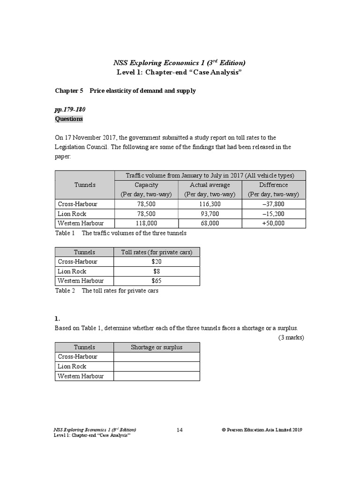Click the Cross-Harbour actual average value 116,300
210,204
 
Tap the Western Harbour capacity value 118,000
146,224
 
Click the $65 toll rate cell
157,281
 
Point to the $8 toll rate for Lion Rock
157,271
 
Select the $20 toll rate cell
157,262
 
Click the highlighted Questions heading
69,119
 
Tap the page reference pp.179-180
70,109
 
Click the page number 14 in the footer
180,430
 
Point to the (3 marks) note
291,337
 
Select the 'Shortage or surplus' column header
157,347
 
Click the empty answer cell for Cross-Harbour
157,357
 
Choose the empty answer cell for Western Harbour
157,376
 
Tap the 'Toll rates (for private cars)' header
157,252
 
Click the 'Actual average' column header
210,185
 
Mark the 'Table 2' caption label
65,291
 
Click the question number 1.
58,318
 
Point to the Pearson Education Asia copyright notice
262,430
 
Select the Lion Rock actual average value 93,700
210,214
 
